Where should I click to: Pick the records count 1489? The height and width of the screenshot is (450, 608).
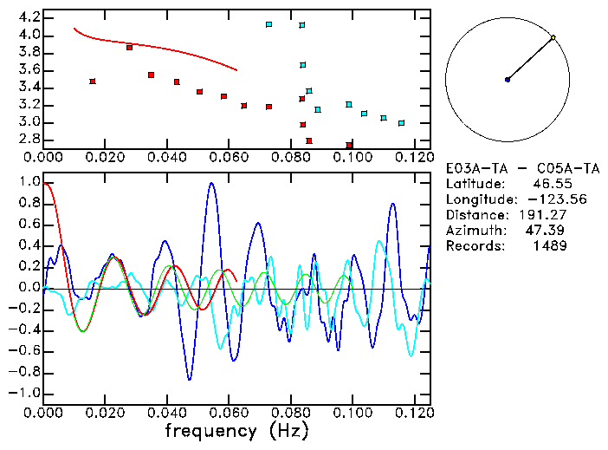[549, 246]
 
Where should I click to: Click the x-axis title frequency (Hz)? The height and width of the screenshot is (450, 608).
[236, 430]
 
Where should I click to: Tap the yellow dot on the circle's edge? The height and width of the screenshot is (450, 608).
[553, 37]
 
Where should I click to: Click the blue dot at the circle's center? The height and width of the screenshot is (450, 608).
[508, 80]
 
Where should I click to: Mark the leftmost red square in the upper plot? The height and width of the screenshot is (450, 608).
[93, 82]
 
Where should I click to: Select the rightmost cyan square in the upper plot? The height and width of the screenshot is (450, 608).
[401, 123]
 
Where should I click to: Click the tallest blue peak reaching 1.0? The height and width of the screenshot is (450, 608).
[210, 184]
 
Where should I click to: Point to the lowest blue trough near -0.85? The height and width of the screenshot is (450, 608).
[190, 379]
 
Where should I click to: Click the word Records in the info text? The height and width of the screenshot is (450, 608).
[473, 246]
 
